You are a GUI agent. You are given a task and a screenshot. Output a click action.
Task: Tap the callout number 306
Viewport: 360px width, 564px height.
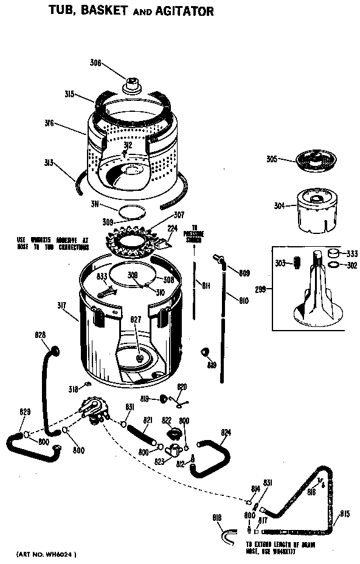(x=96, y=63)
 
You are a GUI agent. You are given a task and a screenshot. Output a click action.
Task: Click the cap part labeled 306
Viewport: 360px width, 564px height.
(x=133, y=84)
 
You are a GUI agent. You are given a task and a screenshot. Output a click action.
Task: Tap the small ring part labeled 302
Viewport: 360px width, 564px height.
(x=333, y=265)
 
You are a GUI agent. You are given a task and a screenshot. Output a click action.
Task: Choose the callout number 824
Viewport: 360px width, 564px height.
(x=226, y=433)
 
